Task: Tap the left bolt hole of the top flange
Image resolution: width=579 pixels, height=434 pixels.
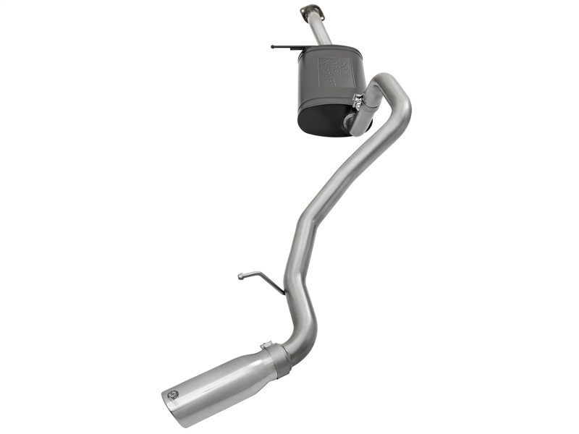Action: coord(305,11)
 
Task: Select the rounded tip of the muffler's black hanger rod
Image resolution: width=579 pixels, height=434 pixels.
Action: coord(273,46)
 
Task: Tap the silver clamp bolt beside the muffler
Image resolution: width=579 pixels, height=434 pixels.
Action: coord(356,99)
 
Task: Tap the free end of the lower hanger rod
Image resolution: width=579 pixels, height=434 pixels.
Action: coord(240,275)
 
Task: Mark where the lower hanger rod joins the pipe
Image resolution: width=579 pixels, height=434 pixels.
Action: coord(283,294)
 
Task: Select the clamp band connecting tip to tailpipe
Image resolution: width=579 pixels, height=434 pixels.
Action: coord(278,359)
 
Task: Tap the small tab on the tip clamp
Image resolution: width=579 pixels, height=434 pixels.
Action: coord(266,345)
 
